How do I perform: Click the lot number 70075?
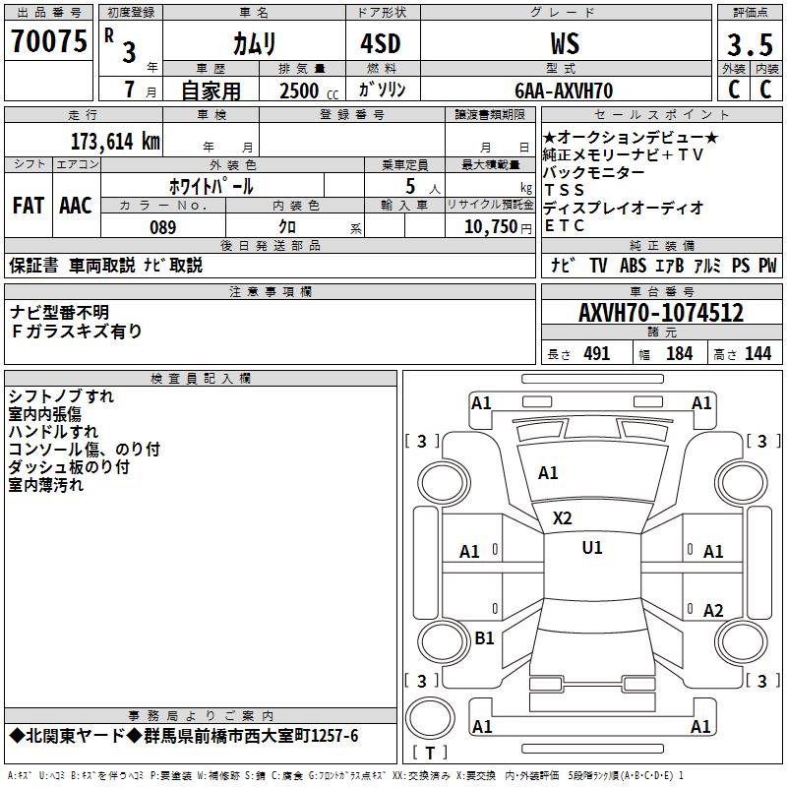(x=48, y=41)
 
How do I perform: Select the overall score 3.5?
(x=750, y=44)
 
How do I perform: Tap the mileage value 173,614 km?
(x=115, y=142)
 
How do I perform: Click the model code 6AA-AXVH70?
(x=564, y=91)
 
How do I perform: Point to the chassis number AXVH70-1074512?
(x=661, y=313)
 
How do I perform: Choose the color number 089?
(x=163, y=227)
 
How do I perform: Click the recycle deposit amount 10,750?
(x=491, y=227)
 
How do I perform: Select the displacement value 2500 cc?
(x=309, y=91)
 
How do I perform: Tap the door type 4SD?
(x=381, y=43)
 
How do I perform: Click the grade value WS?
(x=565, y=43)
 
